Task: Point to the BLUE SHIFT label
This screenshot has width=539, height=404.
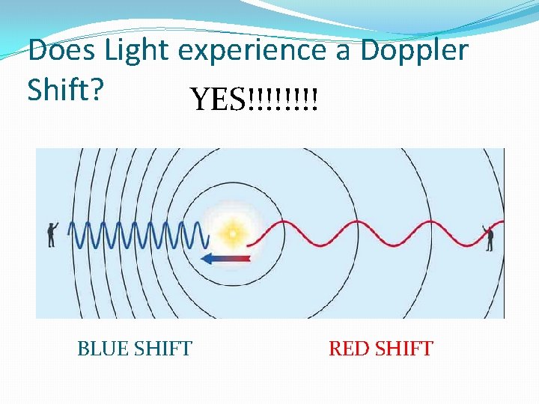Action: click(135, 349)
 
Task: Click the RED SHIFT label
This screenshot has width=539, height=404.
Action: click(380, 349)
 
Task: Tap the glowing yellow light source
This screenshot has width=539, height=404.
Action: click(233, 234)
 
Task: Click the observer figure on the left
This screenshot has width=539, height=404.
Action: click(52, 233)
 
